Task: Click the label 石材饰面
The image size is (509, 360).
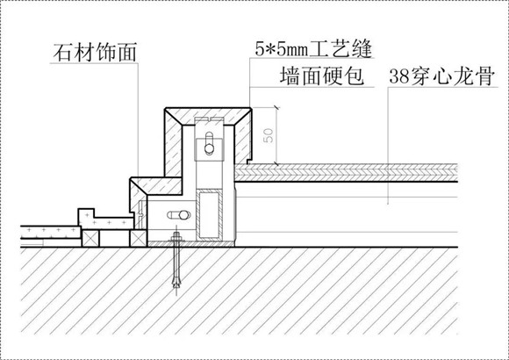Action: coord(95,53)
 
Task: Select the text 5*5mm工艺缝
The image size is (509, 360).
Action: coord(313,49)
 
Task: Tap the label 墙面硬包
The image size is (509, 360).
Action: coord(322,76)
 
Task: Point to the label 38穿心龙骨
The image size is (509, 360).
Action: coord(441,76)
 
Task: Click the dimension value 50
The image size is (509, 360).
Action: coord(269,135)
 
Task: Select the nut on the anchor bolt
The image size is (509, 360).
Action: coord(176,240)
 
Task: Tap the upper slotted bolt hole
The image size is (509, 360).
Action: coord(210,143)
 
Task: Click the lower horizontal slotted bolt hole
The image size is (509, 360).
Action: coord(179,215)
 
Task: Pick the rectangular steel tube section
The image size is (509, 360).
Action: coord(210,214)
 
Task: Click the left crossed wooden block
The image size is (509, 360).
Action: coord(90,238)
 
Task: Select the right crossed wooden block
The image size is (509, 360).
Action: coord(139,238)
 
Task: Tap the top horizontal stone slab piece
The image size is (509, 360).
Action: coord(208,116)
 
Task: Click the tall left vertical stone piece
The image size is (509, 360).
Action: coord(173,143)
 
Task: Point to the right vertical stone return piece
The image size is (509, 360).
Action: coord(243,136)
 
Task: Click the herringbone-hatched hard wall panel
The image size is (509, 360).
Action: coord(346,172)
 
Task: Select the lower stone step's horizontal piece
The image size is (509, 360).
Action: coord(156,186)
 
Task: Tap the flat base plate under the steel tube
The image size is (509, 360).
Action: coord(191,244)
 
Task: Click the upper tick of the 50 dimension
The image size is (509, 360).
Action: coord(277,107)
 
